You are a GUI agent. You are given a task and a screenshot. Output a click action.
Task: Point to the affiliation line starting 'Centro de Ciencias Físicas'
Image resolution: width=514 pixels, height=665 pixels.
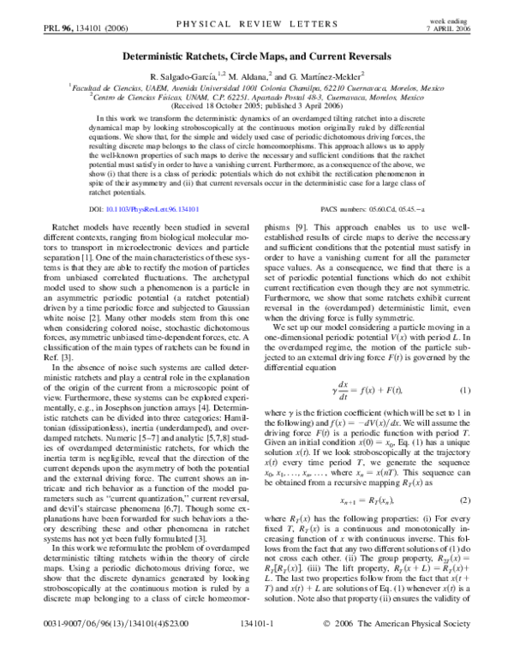256,96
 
